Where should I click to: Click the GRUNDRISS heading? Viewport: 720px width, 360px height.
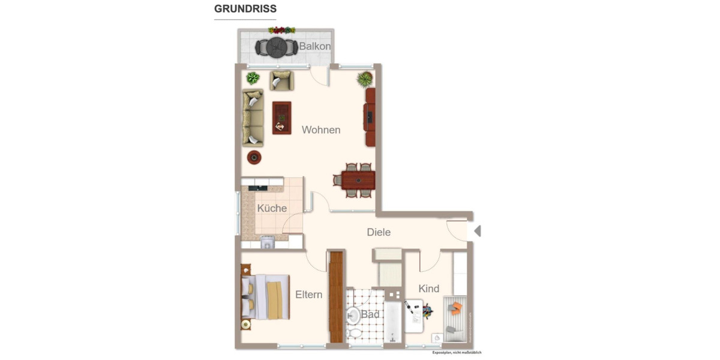pos(245,10)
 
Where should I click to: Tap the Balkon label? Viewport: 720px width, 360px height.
pos(315,46)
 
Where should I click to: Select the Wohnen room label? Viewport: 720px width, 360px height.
pos(321,130)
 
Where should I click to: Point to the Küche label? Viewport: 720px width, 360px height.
pos(272,208)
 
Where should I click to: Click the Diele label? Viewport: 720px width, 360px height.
pos(379,232)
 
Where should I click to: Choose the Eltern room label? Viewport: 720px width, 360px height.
pos(308,295)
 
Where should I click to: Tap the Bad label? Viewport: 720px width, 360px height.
pos(370,314)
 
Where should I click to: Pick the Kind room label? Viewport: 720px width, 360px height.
pos(429,289)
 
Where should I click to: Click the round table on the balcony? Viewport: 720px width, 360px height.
pos(277,46)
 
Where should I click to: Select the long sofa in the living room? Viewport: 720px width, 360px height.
pos(253,118)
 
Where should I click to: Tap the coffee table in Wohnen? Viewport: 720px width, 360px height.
pos(281,118)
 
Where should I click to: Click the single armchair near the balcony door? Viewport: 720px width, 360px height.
pos(281,80)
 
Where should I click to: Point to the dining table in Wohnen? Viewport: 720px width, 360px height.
pos(358,179)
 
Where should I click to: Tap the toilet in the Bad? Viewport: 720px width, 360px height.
pos(354,331)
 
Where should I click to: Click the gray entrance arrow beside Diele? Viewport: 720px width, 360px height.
pos(478,230)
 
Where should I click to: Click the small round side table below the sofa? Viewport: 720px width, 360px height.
pos(254,157)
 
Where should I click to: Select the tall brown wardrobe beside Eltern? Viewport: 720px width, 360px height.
pos(337,296)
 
